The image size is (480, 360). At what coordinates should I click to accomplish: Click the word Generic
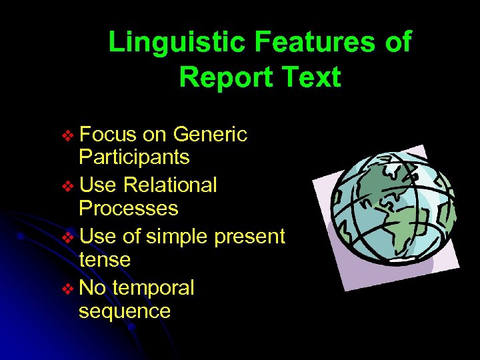click(x=210, y=135)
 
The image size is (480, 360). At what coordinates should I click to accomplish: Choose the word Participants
click(x=134, y=158)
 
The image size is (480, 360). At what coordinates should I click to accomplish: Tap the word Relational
click(x=170, y=185)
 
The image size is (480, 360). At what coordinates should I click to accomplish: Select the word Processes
click(x=129, y=209)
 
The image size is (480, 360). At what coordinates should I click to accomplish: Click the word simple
click(x=175, y=237)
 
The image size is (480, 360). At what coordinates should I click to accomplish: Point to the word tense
click(x=105, y=259)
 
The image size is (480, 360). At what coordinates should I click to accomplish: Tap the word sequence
click(x=125, y=311)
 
